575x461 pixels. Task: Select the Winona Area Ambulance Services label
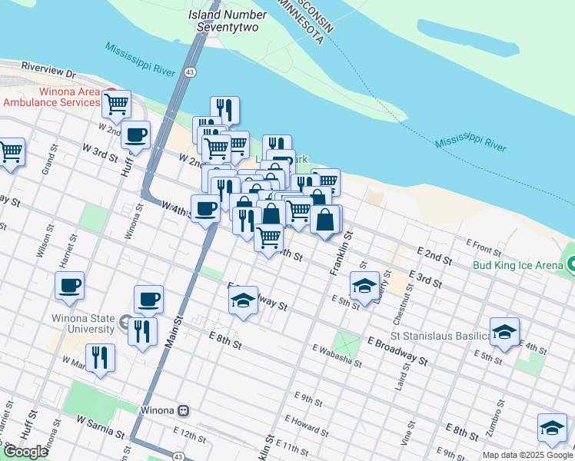pos(52,96)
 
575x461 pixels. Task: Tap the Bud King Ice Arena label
pos(517,265)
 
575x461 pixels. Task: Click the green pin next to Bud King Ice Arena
pos(571,265)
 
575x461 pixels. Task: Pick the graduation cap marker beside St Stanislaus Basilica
pos(504,332)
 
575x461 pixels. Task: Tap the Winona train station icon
pos(183,410)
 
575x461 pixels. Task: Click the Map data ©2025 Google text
pos(527,455)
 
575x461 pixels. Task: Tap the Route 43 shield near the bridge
pos(189,71)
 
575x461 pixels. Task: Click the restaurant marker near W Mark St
pos(100,357)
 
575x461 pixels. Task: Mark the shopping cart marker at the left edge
pos(11,151)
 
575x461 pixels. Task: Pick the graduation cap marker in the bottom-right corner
pos(551,427)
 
